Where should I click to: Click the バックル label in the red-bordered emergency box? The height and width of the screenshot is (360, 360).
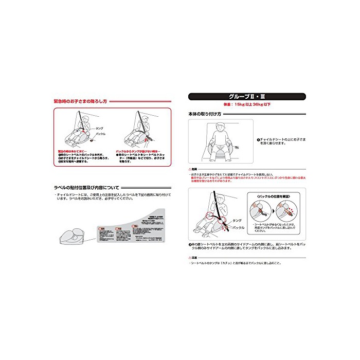tap(101, 134)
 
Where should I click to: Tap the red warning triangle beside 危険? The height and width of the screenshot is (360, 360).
tap(190, 169)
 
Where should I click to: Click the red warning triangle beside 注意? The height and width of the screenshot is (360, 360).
tap(190, 258)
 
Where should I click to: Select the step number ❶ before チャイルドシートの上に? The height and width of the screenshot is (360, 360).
tap(258, 139)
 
